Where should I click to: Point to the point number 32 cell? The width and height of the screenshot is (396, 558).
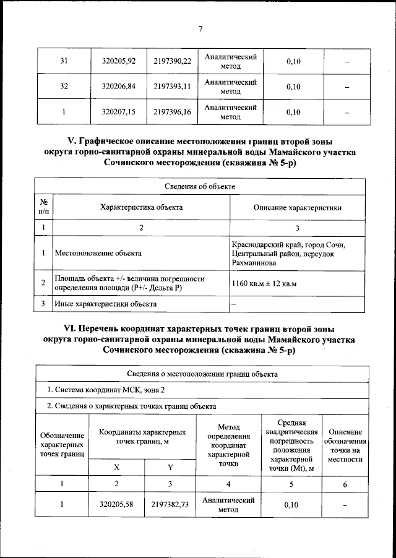coord(63,87)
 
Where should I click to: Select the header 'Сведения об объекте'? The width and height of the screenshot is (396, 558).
coord(199,186)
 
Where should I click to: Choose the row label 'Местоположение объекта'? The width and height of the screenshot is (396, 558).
coord(98,253)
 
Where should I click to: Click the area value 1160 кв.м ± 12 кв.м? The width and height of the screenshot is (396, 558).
coord(264,283)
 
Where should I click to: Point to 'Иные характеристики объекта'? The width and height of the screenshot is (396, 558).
coord(105,304)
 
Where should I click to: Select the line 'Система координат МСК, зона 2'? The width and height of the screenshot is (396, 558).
coord(106,390)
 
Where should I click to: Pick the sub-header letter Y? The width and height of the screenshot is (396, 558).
coord(170,467)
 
